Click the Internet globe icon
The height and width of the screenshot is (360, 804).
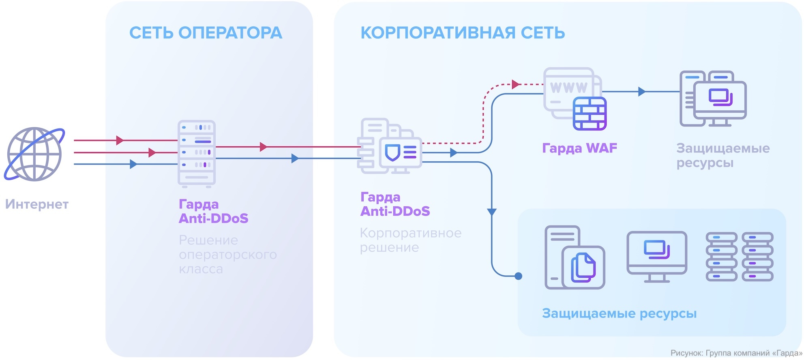pyautogui.click(x=34, y=154)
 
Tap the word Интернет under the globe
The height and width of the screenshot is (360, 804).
pyautogui.click(x=37, y=204)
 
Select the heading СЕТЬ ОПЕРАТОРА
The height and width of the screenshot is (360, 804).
pyautogui.click(x=206, y=33)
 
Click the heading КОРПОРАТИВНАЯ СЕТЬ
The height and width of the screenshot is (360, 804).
pyautogui.click(x=463, y=33)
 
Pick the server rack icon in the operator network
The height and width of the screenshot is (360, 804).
pyautogui.click(x=197, y=153)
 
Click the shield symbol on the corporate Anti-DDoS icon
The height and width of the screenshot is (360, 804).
pyautogui.click(x=392, y=152)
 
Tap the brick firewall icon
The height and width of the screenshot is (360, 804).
pyautogui.click(x=590, y=114)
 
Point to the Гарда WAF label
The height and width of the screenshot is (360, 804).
pyautogui.click(x=579, y=148)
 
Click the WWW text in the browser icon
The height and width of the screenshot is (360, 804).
pyautogui.click(x=568, y=87)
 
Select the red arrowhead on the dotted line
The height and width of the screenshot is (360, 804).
pyautogui.click(x=516, y=84)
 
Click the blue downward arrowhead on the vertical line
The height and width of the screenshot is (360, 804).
pyautogui.click(x=492, y=212)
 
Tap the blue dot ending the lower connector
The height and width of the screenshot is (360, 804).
pyautogui.click(x=518, y=276)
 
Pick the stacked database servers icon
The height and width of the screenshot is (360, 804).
pyautogui.click(x=740, y=257)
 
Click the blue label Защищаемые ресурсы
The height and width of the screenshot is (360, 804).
pyautogui.click(x=619, y=313)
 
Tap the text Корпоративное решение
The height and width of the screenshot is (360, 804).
pyautogui.click(x=410, y=240)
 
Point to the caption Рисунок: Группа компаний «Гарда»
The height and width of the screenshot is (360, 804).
pyautogui.click(x=736, y=353)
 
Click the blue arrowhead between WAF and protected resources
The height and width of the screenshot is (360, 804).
pyautogui.click(x=641, y=92)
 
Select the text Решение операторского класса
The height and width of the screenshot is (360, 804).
pyautogui.click(x=227, y=255)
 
